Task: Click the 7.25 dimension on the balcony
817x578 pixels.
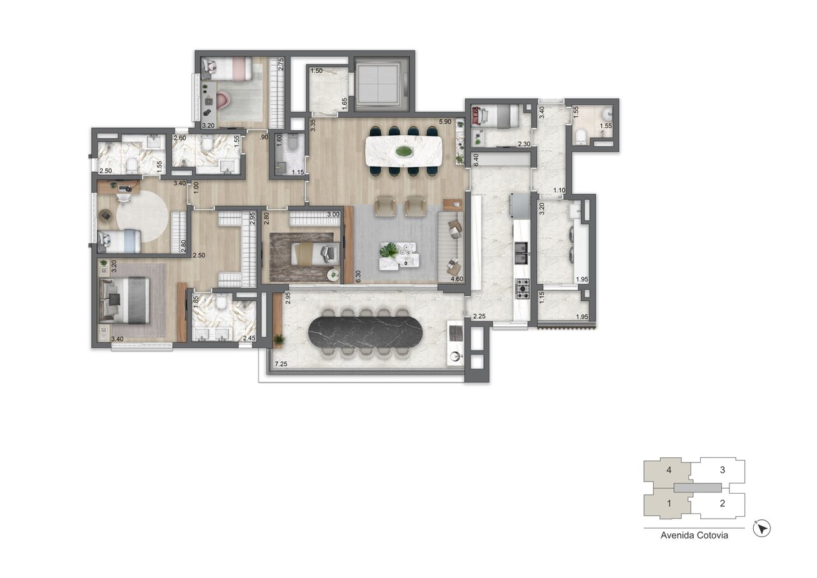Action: point(280,365)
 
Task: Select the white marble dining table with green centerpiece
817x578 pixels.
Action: point(403,151)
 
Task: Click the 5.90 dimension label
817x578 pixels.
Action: point(445,122)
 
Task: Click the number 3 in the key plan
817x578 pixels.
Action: point(722,470)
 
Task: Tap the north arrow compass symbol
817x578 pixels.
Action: point(763,528)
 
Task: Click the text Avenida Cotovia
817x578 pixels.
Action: point(694,536)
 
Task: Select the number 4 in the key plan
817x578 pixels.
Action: point(668,470)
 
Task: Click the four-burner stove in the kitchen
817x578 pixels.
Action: point(523,289)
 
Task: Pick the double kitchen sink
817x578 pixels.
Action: point(521,257)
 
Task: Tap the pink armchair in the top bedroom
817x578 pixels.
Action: point(224,101)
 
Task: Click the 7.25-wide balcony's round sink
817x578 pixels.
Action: point(455,356)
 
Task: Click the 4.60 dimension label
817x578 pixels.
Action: point(456,279)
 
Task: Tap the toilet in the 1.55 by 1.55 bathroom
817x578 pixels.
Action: point(581,135)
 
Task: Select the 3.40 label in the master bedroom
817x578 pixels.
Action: point(117,340)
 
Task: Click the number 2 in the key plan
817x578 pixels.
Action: point(722,503)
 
